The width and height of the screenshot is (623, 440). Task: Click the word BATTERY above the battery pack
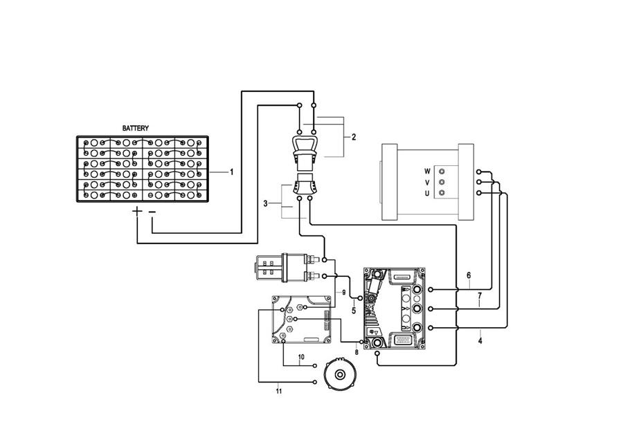[136, 128]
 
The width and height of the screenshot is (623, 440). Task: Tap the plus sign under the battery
[136, 211]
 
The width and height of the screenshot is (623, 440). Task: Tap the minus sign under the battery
[152, 212]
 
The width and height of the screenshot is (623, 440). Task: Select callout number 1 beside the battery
[232, 172]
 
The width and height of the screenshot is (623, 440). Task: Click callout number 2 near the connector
[354, 137]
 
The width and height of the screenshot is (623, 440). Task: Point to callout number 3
[265, 203]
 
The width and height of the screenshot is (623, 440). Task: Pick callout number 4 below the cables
[480, 340]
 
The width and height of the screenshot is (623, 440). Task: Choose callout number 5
[354, 311]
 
